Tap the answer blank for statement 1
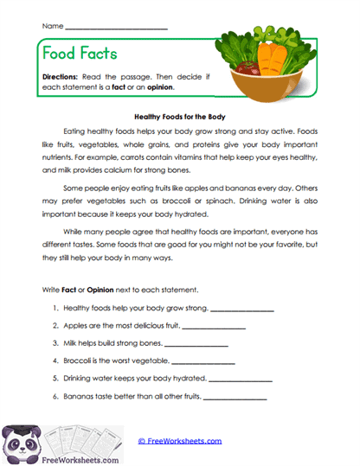point(241,310)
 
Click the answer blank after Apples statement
point(214,327)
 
